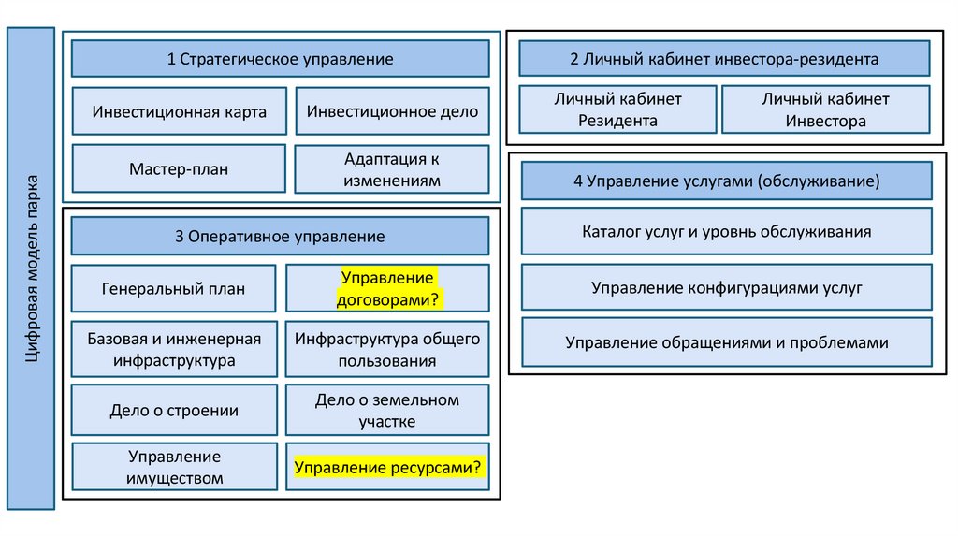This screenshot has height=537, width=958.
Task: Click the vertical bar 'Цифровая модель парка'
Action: (x=31, y=268)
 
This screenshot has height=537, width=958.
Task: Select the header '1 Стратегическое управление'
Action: (x=280, y=59)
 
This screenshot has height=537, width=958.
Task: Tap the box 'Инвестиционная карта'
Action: (x=179, y=111)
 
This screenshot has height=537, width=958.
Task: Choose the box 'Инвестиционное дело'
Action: (x=392, y=111)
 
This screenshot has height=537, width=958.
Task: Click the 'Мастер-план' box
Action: (x=179, y=169)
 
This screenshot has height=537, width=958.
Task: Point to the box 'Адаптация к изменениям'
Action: (x=392, y=169)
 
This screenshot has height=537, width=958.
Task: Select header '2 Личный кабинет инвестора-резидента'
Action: (x=724, y=59)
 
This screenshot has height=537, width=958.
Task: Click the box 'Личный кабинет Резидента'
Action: (x=617, y=109)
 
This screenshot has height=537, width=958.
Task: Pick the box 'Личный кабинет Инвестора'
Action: (x=825, y=109)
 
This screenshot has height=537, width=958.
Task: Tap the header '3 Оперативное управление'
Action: (x=280, y=237)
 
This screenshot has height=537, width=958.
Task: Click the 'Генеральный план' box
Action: (x=173, y=288)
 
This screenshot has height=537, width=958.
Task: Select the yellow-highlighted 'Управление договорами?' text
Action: (x=387, y=288)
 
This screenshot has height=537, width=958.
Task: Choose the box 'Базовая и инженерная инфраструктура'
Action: (x=173, y=348)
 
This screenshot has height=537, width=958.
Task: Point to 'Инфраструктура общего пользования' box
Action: (x=387, y=348)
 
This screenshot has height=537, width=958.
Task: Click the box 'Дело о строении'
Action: (x=173, y=410)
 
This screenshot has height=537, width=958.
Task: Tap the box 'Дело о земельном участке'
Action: (x=387, y=410)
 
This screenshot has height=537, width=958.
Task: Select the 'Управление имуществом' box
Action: (x=173, y=467)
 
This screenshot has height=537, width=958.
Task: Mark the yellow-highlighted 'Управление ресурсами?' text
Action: (x=388, y=467)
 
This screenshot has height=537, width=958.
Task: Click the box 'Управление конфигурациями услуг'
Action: (x=726, y=287)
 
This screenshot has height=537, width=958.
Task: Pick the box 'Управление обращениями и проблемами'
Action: (x=726, y=342)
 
